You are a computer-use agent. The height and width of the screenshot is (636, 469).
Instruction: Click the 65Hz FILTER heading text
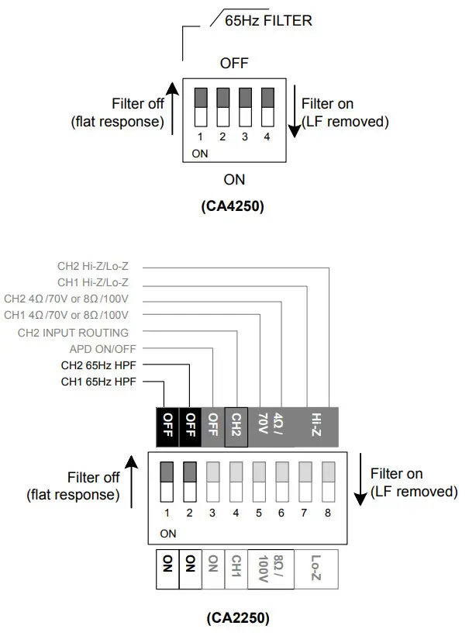[x=268, y=21]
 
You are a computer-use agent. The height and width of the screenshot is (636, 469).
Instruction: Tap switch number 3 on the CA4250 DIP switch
[x=245, y=107]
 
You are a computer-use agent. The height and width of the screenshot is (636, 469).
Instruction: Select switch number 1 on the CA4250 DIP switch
[x=200, y=107]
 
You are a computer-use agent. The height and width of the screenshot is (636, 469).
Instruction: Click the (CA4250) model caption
[x=234, y=207]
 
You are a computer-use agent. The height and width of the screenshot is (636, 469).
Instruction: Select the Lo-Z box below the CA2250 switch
[x=316, y=570]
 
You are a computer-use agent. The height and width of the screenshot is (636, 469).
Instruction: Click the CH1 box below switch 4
[x=236, y=570]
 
